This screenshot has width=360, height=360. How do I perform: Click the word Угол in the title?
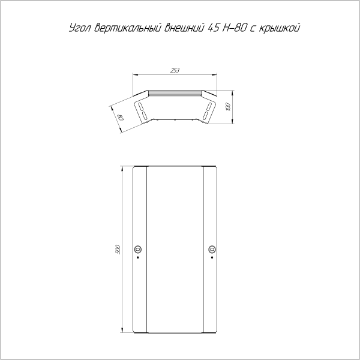(80, 28)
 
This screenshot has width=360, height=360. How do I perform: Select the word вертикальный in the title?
(127, 28)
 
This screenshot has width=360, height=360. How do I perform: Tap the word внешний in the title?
(184, 28)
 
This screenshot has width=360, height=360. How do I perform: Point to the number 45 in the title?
(214, 28)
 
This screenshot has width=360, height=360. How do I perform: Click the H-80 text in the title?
(235, 28)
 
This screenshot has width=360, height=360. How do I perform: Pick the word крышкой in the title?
(279, 28)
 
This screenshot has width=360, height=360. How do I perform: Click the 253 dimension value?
(175, 70)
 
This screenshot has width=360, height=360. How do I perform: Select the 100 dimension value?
(228, 107)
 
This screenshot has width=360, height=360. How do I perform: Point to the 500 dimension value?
(118, 249)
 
